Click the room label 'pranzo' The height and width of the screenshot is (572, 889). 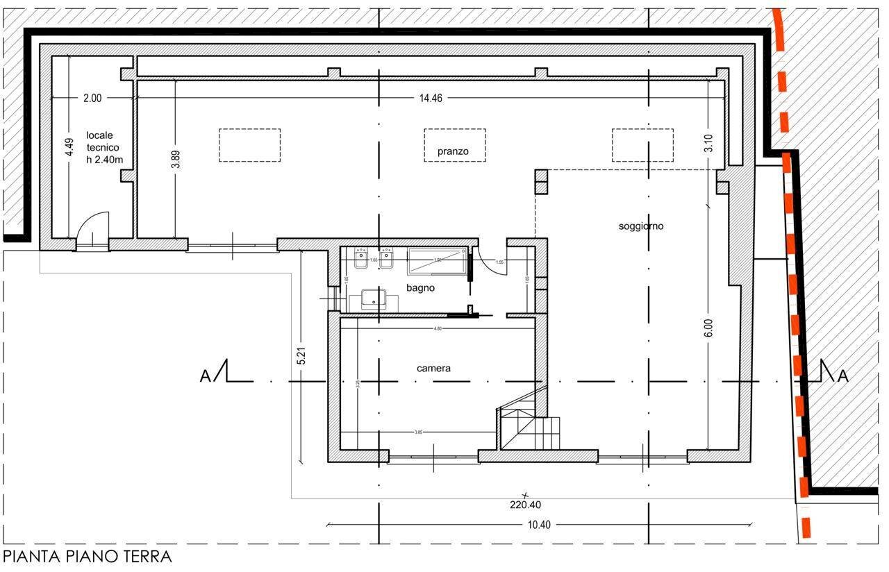[453, 151]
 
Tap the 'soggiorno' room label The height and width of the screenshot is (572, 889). [640, 226]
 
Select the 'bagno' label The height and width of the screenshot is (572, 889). [421, 287]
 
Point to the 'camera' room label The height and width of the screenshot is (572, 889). [433, 368]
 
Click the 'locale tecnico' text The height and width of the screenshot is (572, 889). [103, 147]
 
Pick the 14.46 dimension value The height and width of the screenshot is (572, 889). [430, 98]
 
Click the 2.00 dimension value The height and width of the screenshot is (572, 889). [92, 98]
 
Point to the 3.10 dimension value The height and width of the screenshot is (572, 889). [708, 143]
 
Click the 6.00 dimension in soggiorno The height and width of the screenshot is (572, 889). [708, 328]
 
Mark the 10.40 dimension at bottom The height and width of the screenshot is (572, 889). [538, 525]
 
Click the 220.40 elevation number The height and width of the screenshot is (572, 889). [525, 505]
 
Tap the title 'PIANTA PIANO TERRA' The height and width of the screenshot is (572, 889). [87, 556]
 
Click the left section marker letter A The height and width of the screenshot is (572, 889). [205, 376]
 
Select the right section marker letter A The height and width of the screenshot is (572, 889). [842, 376]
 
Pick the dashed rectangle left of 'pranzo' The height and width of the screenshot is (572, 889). [249, 145]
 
